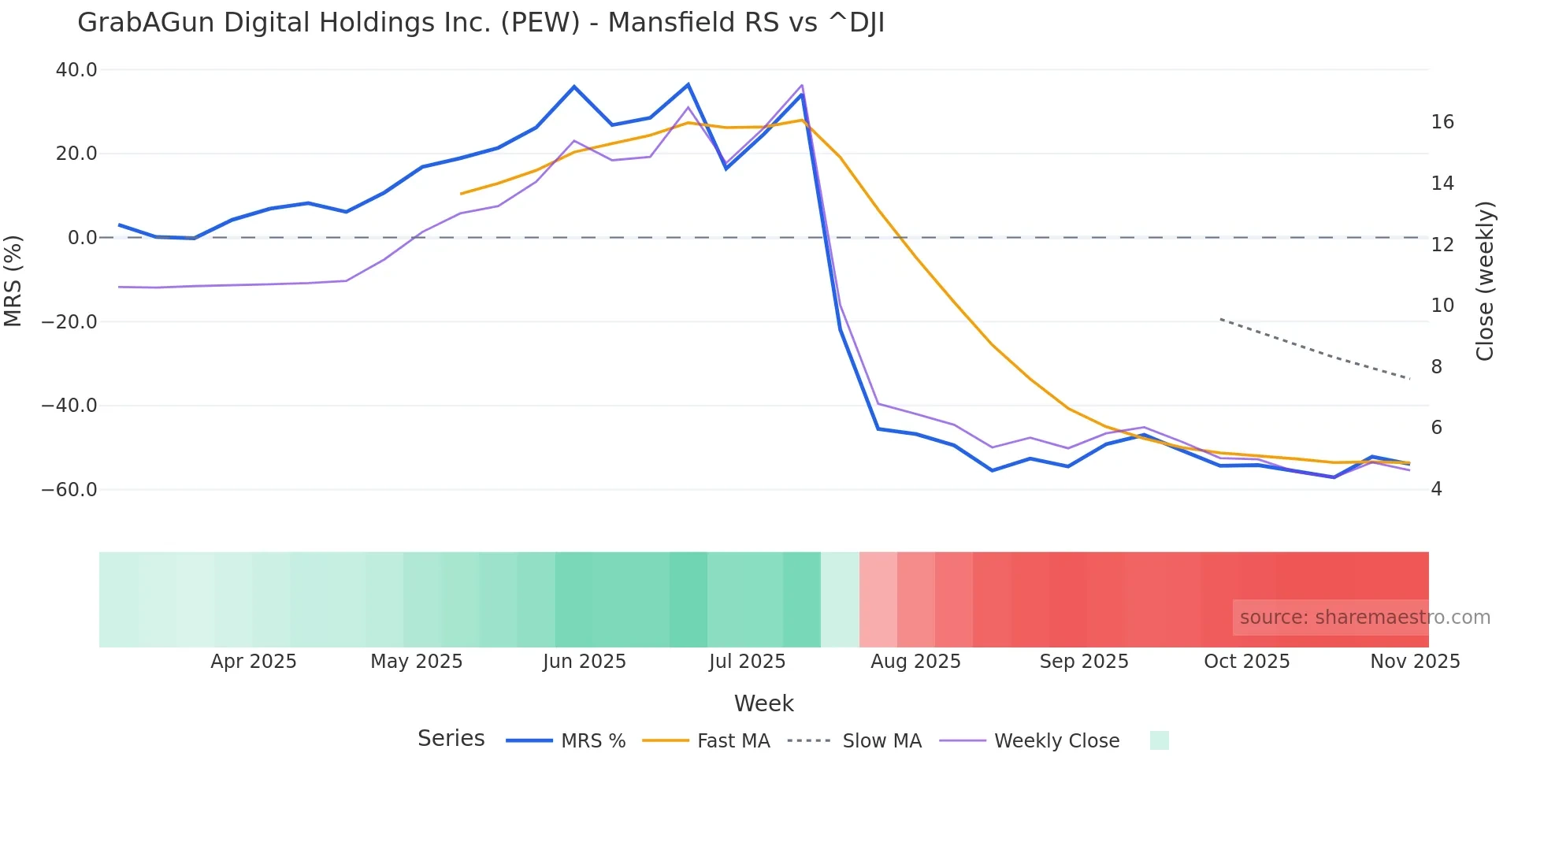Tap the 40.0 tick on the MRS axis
[x=76, y=70]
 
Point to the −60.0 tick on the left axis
[x=69, y=490]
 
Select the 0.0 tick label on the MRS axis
[x=83, y=238]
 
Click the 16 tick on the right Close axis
[x=1442, y=122]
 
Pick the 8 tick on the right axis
[x=1437, y=367]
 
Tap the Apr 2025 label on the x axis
[x=254, y=662]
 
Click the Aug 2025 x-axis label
[x=915, y=662]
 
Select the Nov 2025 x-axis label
[x=1415, y=662]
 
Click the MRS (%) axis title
[x=13, y=280]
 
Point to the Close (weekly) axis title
[x=1485, y=281]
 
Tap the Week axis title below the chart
[x=763, y=703]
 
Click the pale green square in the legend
[x=1159, y=740]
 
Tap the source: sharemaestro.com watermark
[x=1364, y=618]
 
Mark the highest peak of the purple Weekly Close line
[x=802, y=85]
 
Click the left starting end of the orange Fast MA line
[x=462, y=194]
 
